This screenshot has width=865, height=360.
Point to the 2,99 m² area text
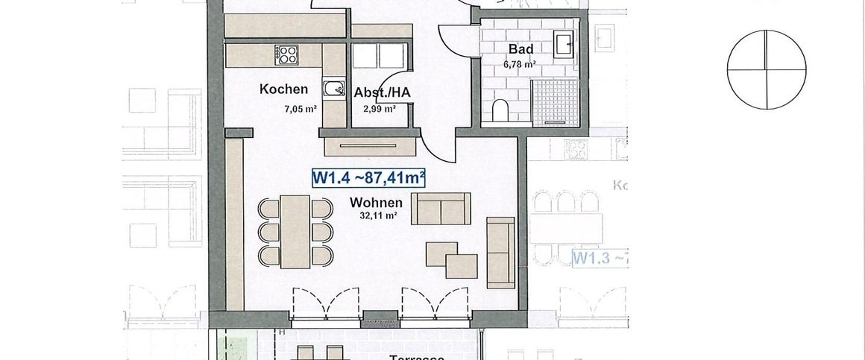(380, 109)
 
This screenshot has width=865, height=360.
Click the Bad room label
(520, 49)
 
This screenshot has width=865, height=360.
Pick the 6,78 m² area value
(520, 64)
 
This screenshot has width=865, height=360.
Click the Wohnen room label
(376, 202)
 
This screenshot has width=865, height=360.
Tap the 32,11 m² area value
(378, 217)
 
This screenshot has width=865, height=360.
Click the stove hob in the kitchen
(286, 54)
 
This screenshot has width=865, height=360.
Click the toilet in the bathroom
(500, 111)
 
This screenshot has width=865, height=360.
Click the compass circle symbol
(767, 69)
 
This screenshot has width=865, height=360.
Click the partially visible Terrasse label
(418, 356)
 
